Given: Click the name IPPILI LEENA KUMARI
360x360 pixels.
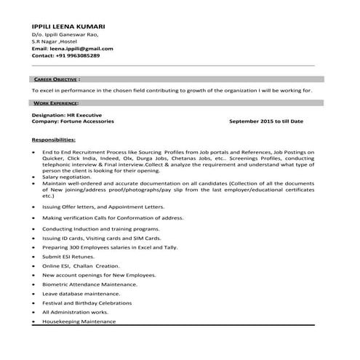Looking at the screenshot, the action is pos(64,26).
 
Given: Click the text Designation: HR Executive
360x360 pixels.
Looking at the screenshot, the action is pos(68,115).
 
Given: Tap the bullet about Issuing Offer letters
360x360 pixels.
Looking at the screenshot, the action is pos(103,207).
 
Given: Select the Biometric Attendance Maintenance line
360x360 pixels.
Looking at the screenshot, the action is pos(90,284).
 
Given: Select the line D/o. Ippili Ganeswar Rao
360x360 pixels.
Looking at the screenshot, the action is pos(64,34).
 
